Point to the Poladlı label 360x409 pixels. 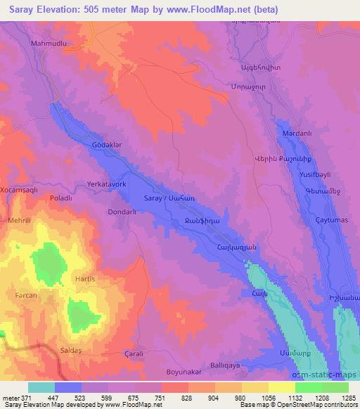[x=60, y=199]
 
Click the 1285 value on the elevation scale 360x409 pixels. [x=349, y=398]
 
